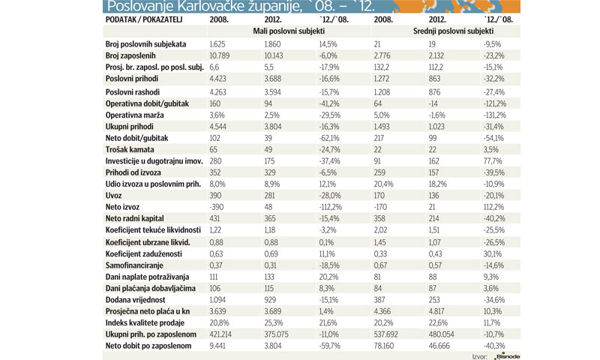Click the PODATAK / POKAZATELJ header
click(x=146, y=19)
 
